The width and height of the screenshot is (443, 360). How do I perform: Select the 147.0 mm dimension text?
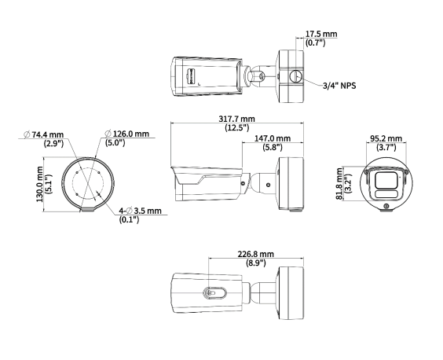pos(272,138)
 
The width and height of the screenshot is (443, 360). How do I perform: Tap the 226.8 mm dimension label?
pos(256,255)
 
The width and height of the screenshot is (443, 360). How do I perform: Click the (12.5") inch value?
pos(236,127)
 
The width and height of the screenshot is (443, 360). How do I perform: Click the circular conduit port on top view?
pos(295,75)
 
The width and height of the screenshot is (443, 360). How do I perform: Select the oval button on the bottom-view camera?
pos(214,292)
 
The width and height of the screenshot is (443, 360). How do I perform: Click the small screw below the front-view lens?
pos(386,207)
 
